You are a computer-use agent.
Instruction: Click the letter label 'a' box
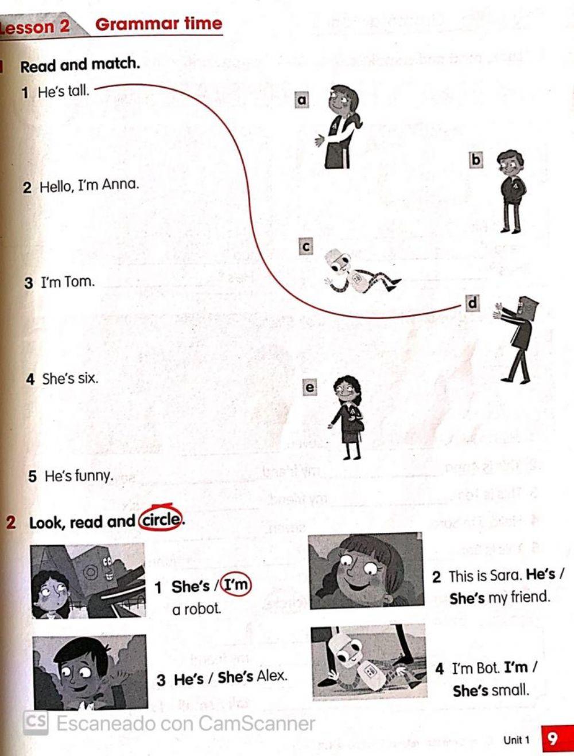(x=302, y=100)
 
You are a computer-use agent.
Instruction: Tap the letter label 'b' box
(x=476, y=159)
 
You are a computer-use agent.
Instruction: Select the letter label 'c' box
(x=306, y=247)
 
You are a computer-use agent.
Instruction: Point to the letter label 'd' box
(x=472, y=303)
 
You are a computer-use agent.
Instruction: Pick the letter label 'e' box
(x=309, y=388)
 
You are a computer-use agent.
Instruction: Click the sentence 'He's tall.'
(x=63, y=91)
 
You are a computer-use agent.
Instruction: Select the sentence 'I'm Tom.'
(x=67, y=282)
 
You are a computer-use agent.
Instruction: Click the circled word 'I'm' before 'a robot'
(x=236, y=585)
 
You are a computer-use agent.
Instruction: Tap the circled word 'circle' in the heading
(x=161, y=520)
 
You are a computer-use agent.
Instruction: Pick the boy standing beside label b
(x=511, y=189)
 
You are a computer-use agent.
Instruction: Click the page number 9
(x=552, y=738)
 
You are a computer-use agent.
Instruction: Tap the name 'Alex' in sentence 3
(x=271, y=676)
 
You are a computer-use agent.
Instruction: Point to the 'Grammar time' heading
(x=158, y=24)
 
